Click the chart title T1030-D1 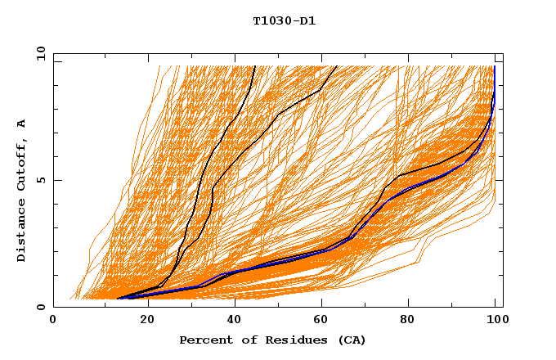pos(284,20)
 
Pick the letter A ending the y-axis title pos(21,124)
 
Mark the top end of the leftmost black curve pos(254,66)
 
